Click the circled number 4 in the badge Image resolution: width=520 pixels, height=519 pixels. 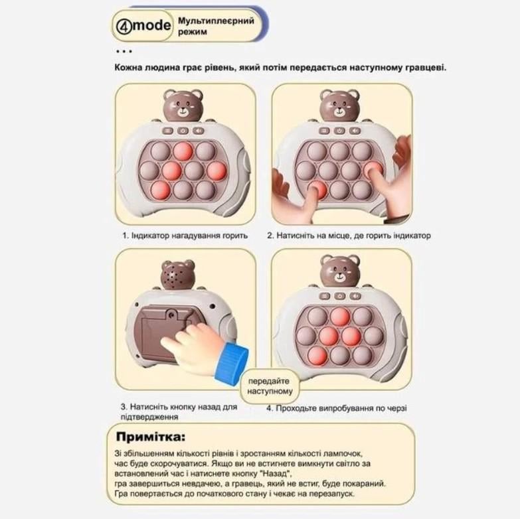pyautogui.click(x=126, y=27)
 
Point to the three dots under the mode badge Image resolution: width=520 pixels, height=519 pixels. pyautogui.click(x=124, y=51)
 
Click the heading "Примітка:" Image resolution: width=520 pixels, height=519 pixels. pyautogui.click(x=151, y=437)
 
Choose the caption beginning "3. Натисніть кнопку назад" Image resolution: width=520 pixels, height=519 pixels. pyautogui.click(x=179, y=411)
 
